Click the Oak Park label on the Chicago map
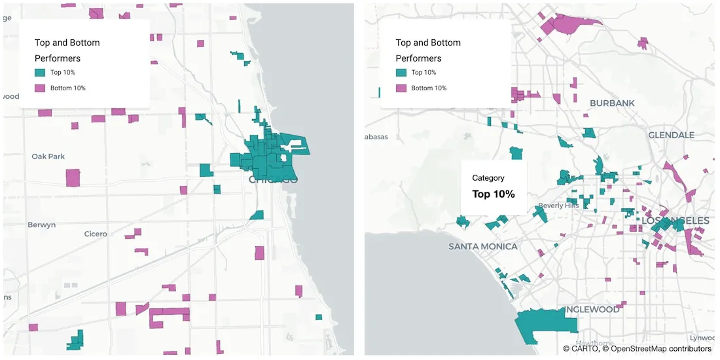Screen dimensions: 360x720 [x=48, y=156]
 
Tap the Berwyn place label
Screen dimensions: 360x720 [x=42, y=225]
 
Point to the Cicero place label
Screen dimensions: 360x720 [x=96, y=234]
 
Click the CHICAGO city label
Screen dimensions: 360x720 [x=273, y=179]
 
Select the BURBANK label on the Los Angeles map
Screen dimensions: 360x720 [x=612, y=103]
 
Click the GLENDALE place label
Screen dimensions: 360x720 [x=671, y=135]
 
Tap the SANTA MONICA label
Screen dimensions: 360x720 [x=483, y=246]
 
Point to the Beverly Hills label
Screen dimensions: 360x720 [x=558, y=206]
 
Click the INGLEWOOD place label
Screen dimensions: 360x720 [x=592, y=309]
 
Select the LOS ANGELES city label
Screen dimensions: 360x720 [x=675, y=221]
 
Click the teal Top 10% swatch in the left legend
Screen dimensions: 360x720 [x=40, y=73]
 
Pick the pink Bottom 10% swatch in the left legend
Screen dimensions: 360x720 [x=40, y=88]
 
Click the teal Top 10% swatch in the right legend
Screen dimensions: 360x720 [x=401, y=73]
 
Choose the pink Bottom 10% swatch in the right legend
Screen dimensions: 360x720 [x=401, y=88]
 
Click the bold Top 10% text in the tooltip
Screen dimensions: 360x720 [x=494, y=194]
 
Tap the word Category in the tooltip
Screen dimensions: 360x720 [x=488, y=178]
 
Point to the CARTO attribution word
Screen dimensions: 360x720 [x=585, y=349]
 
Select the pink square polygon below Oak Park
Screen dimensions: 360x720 [x=73, y=177]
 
